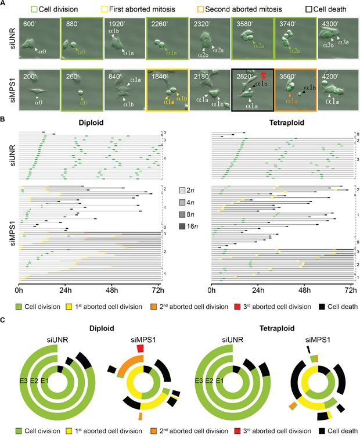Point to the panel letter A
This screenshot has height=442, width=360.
4,4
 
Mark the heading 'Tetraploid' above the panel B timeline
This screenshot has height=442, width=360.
281,123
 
